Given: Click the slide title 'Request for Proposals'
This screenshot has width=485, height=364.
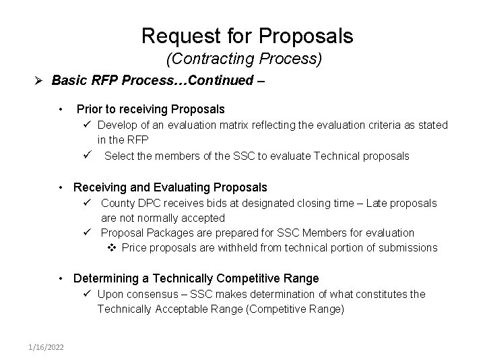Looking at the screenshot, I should [247, 35].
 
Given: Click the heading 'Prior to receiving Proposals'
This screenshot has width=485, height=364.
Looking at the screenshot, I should [150, 109].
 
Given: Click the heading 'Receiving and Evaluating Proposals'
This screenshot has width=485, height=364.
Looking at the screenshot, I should [170, 187].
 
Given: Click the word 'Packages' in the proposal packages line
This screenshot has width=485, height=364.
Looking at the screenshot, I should [166, 233].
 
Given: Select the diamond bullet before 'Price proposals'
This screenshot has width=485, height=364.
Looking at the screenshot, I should [113, 248].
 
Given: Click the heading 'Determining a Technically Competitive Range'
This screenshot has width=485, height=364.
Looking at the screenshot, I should [195, 278].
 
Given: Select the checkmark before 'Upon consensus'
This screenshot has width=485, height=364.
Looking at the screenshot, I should [88, 295].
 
